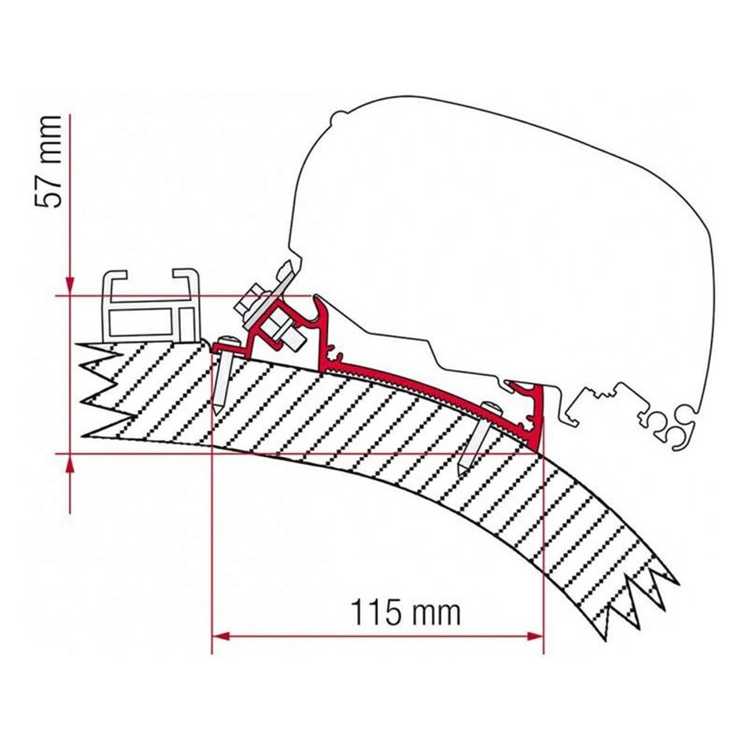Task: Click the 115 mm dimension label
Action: (x=406, y=612)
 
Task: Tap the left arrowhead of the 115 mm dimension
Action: (x=220, y=636)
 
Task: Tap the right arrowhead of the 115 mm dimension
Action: (x=534, y=636)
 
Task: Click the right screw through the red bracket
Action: (x=479, y=437)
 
